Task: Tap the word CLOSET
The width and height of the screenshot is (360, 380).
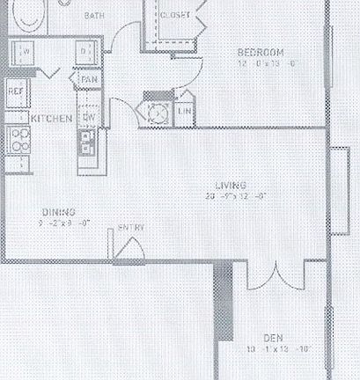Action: (174, 15)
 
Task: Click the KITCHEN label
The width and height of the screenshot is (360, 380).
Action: (51, 117)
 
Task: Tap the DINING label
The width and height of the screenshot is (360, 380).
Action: (58, 212)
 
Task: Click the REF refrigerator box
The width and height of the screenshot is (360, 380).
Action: (15, 91)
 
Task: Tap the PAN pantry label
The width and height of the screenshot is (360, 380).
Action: (89, 80)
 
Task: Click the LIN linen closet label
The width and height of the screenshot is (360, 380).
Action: (185, 111)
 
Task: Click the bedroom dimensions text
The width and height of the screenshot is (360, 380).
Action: (262, 63)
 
